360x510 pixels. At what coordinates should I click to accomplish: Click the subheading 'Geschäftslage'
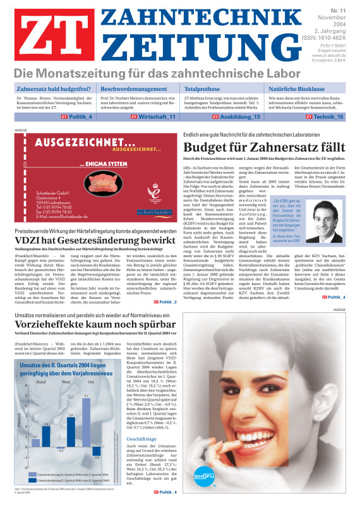(x=141, y=438)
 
